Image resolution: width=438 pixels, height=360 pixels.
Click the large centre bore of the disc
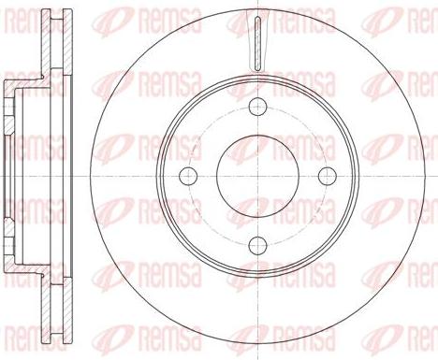[255, 174]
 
